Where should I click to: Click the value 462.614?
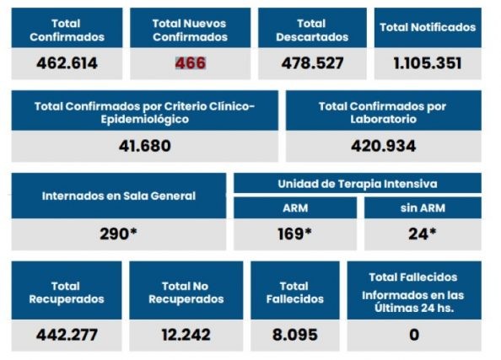coord(67,62)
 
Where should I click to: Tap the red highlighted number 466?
coord(190,62)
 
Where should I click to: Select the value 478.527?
coord(311,62)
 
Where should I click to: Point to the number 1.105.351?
coord(428,62)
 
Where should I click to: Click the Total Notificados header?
coord(428,27)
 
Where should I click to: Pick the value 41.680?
coord(144,145)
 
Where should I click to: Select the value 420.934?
coord(383,145)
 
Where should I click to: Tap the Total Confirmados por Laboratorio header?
coord(383,112)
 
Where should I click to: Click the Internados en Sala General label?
coord(119,196)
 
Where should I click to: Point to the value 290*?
coord(119,234)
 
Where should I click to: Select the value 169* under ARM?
coord(294,234)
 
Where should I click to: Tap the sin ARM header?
coord(423,207)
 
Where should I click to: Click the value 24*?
coord(423,234)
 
